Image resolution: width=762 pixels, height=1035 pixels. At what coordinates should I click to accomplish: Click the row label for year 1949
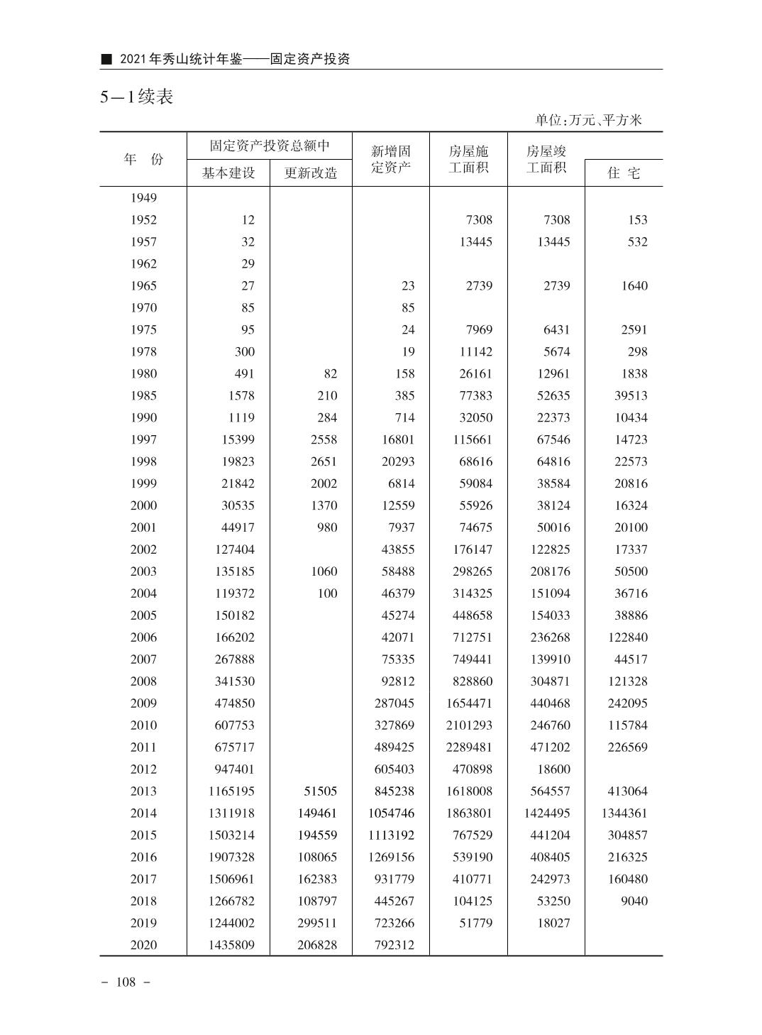point(143,198)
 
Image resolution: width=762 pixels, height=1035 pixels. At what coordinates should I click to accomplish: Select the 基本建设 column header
point(228,172)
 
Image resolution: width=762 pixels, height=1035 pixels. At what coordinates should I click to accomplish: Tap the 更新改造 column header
point(311,172)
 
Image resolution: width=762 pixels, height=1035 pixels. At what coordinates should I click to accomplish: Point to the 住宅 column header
point(624,172)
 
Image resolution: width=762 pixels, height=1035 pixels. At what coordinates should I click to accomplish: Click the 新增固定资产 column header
point(391,159)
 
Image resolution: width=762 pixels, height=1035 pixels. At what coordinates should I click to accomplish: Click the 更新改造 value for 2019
point(317,923)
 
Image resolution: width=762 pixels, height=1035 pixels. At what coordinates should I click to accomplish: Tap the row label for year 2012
point(143,769)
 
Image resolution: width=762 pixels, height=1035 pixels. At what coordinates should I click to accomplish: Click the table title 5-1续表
point(137,97)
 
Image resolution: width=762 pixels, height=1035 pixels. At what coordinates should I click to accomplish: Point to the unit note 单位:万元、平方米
point(588,120)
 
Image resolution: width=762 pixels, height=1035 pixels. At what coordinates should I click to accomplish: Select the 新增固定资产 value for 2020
point(392,945)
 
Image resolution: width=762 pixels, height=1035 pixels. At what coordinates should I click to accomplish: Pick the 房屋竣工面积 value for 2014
point(547,813)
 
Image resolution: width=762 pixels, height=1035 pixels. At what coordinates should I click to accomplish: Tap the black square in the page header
point(106,59)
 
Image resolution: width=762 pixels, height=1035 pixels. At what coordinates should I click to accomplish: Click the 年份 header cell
point(143,159)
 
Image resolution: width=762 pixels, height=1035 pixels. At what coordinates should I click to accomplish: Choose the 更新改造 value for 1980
point(329,373)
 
